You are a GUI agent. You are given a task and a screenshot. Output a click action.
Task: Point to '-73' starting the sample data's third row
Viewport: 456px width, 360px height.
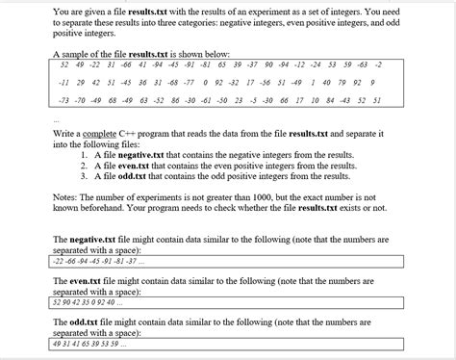coord(65,99)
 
